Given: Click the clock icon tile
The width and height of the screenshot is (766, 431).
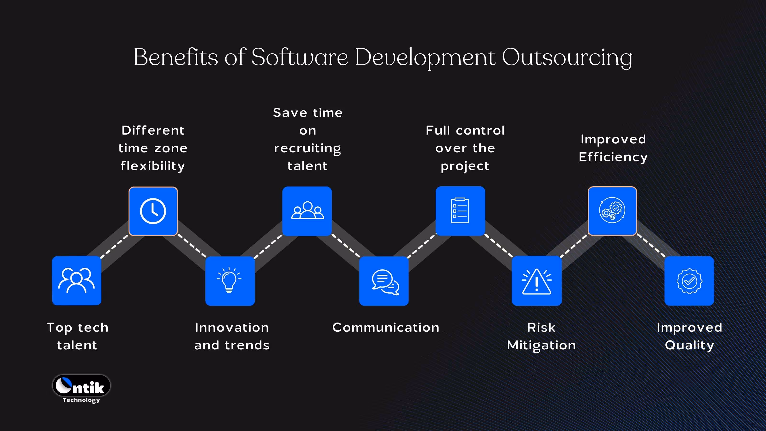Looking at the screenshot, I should click(x=153, y=211).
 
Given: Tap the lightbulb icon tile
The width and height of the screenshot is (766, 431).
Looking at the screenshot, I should click(x=230, y=281).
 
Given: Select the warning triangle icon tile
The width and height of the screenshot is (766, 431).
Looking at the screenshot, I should click(x=537, y=281).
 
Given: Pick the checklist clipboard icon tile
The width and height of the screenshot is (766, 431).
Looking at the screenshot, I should click(x=460, y=211).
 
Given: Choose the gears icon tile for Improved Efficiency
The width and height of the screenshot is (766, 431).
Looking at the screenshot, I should click(x=612, y=211).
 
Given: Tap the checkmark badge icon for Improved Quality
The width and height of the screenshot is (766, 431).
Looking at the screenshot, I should click(x=689, y=281).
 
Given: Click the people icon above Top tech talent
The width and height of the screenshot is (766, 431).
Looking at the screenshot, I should click(x=76, y=280).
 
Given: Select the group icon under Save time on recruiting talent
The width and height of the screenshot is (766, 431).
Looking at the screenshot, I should click(x=307, y=211).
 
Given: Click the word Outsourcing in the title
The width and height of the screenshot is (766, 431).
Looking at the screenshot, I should click(x=567, y=57).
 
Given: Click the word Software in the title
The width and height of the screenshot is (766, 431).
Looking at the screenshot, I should click(x=299, y=57).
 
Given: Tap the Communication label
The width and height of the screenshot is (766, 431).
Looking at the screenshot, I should click(x=386, y=328).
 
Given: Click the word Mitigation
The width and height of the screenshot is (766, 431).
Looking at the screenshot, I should click(x=541, y=345).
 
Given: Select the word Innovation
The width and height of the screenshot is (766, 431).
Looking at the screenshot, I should click(x=232, y=328).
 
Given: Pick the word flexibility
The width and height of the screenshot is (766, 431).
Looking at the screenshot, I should click(x=153, y=166).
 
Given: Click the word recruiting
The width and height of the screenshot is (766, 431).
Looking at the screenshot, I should click(x=307, y=148).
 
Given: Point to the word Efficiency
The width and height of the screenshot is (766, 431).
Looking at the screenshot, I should click(x=613, y=157).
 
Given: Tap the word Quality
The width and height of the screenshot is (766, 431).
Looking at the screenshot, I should click(x=689, y=345).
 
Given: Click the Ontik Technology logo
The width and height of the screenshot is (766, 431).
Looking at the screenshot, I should click(x=81, y=388).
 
